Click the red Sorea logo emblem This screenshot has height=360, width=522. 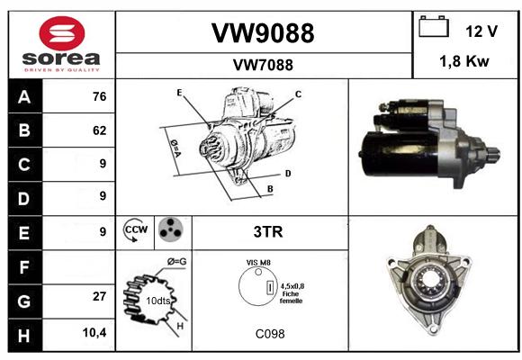[62, 33]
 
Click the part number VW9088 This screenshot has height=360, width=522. [263, 33]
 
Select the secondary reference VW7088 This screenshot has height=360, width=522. [263, 65]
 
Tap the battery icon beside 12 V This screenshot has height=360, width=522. [434, 27]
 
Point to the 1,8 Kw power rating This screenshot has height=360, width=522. [464, 61]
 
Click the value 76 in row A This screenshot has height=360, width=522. [100, 96]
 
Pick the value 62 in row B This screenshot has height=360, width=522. [100, 130]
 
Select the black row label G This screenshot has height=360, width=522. [25, 301]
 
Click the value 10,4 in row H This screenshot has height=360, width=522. [94, 332]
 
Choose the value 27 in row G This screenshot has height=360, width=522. [100, 296]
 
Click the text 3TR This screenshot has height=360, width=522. [268, 232]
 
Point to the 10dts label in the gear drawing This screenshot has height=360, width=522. [158, 301]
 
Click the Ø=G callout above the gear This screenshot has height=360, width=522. [176, 262]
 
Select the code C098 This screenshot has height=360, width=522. [270, 334]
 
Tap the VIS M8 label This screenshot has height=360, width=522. [258, 263]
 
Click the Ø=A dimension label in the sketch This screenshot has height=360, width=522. [175, 148]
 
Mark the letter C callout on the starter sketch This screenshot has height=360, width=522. [298, 94]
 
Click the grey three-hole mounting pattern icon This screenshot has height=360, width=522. [171, 229]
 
